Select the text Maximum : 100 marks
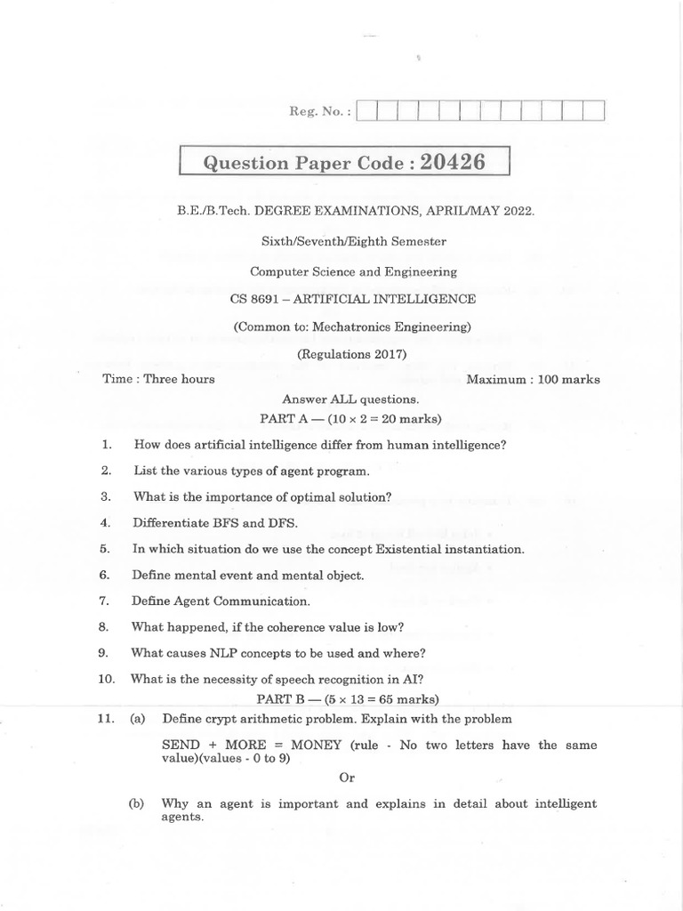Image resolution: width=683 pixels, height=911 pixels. point(533,379)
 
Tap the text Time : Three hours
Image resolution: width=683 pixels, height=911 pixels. point(158,379)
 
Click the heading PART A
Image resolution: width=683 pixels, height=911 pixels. point(285,416)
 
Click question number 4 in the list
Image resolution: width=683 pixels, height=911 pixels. point(105,522)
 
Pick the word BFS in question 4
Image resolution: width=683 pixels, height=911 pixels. point(219,522)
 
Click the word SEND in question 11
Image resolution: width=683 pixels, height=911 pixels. point(181,745)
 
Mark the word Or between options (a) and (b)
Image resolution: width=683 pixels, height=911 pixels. point(348,777)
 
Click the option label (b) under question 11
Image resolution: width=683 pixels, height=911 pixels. point(136,803)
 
